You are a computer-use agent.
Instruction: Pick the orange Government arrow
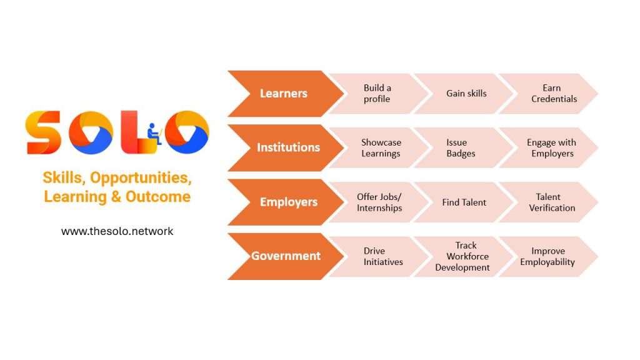tap(286, 256)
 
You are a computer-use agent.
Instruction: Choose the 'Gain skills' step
tap(465, 94)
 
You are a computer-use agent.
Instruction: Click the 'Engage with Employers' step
tap(551, 147)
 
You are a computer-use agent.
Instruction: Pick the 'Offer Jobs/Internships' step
tap(379, 202)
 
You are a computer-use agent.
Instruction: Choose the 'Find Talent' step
tap(465, 202)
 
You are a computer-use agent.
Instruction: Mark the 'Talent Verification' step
tap(551, 202)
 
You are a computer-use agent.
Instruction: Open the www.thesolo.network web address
tap(117, 231)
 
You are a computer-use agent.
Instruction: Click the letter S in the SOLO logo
tap(43, 132)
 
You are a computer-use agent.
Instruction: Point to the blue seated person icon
tap(154, 134)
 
